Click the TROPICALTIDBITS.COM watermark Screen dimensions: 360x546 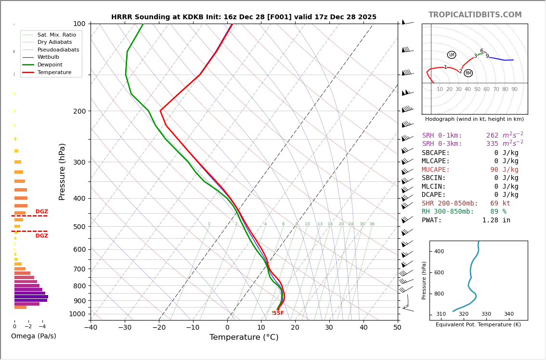(475, 15)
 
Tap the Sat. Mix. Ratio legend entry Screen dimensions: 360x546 (56, 35)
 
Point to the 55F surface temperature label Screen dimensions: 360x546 (278, 313)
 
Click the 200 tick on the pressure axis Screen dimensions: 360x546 (79, 111)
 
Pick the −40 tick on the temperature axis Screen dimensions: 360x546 (91, 328)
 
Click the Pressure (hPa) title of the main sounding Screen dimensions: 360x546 (62, 171)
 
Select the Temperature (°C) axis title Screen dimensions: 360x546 (244, 337)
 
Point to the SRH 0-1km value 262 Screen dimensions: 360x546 (492, 136)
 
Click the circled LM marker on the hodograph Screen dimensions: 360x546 (452, 55)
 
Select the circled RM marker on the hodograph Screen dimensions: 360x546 (468, 73)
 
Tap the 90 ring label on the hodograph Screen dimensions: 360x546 (514, 90)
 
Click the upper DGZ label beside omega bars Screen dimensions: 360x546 (42, 212)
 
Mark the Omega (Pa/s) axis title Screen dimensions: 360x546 (34, 336)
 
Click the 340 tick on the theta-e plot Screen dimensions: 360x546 (508, 314)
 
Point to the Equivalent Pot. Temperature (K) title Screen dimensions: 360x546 (478, 325)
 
